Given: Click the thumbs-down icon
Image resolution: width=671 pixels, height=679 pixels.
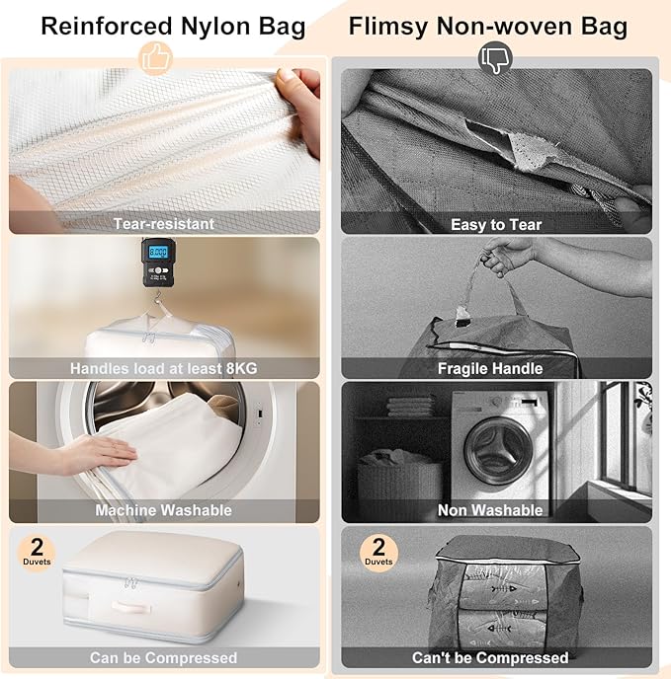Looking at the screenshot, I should (494, 58).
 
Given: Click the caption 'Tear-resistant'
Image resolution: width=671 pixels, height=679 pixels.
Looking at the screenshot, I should (164, 224).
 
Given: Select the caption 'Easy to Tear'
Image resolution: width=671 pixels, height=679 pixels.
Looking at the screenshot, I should (496, 224).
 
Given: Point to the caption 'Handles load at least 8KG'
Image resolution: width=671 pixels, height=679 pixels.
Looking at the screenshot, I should (164, 368).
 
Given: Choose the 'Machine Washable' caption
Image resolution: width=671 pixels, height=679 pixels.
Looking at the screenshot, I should (164, 510).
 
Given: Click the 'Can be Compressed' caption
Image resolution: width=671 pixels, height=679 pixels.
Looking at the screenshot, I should (164, 657).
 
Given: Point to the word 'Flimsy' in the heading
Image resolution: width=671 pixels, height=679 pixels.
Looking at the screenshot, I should (388, 25).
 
